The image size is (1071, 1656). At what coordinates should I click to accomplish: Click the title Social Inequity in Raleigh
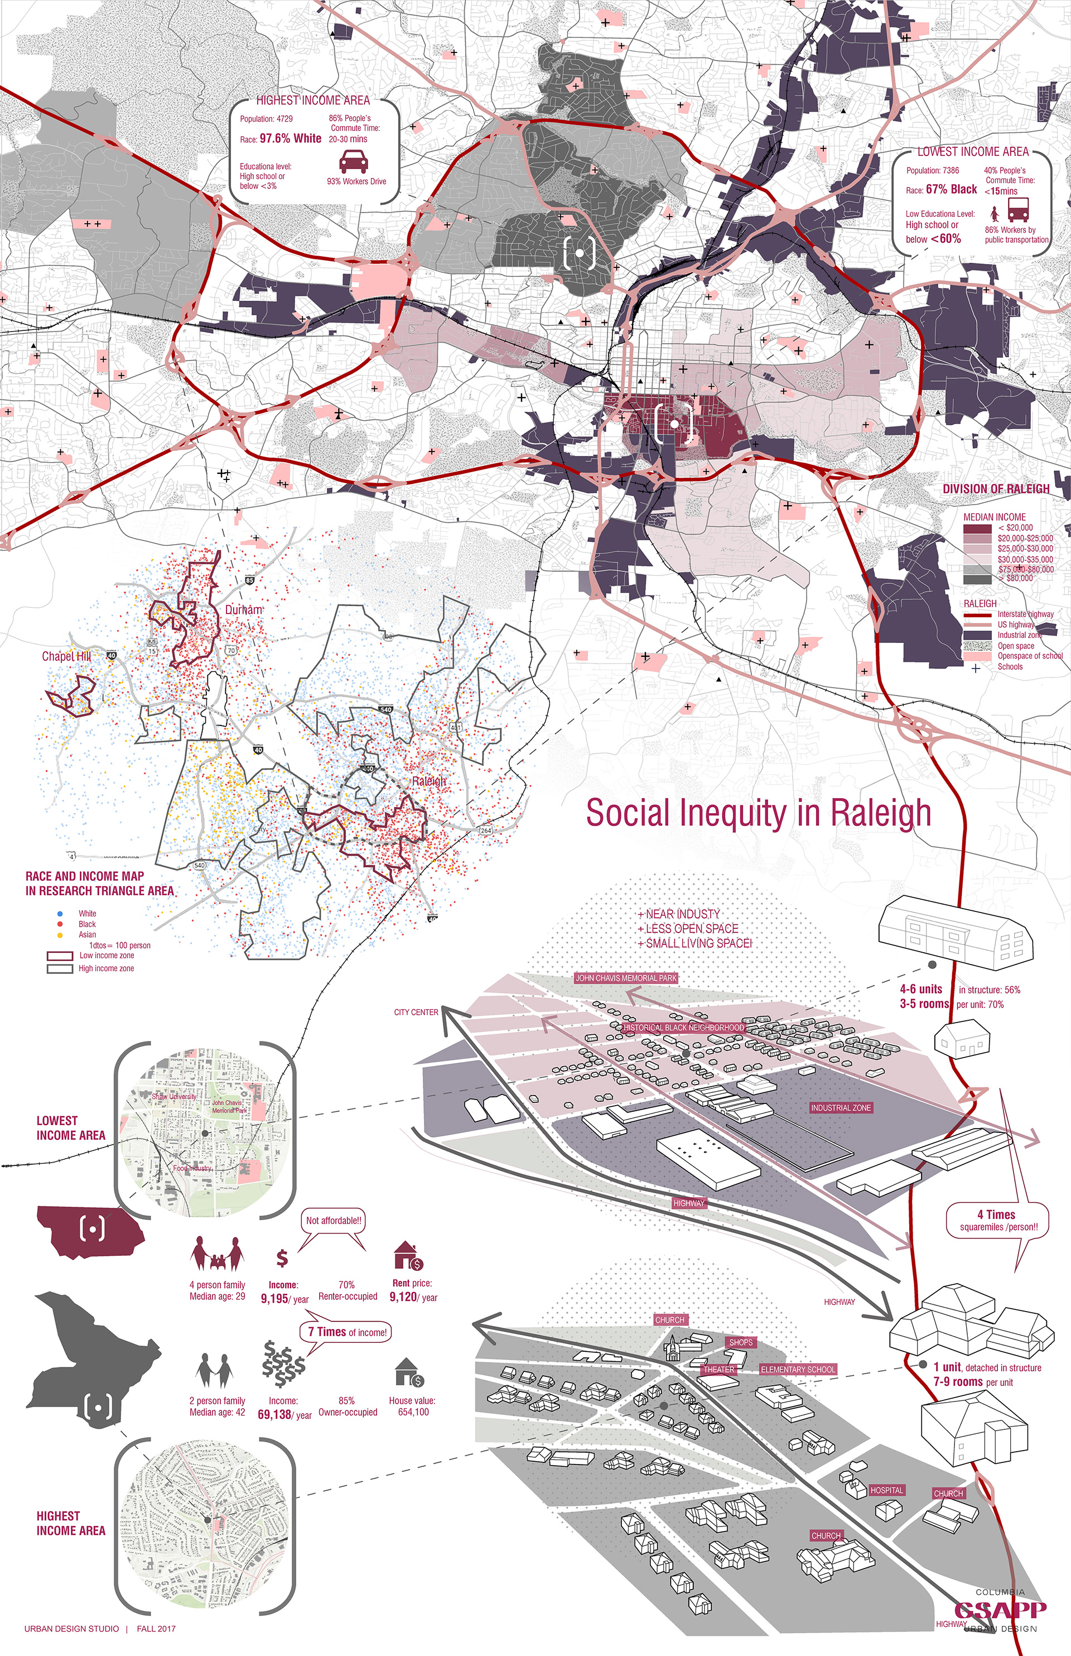tap(758, 813)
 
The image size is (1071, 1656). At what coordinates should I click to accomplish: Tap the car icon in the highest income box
tap(353, 162)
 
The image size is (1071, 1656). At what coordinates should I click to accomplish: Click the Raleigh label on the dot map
tap(429, 781)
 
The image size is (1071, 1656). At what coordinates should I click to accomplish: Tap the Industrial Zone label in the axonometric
tap(840, 1107)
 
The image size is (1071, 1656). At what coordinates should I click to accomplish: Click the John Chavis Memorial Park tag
tap(626, 978)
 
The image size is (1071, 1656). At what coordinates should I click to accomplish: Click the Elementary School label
tap(798, 1369)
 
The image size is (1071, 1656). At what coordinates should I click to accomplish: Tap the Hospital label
tap(887, 1490)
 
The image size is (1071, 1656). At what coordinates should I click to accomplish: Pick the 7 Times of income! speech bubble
tap(346, 1332)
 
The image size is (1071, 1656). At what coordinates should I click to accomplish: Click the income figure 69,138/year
tap(284, 1414)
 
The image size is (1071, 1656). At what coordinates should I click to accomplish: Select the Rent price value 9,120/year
tap(413, 1297)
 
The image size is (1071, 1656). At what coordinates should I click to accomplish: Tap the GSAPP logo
tap(1000, 1609)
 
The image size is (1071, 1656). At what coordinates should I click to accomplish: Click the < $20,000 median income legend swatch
tap(977, 528)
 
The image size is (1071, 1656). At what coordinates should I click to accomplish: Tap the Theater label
tap(718, 1369)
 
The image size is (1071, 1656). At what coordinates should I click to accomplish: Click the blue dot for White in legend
tap(60, 913)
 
